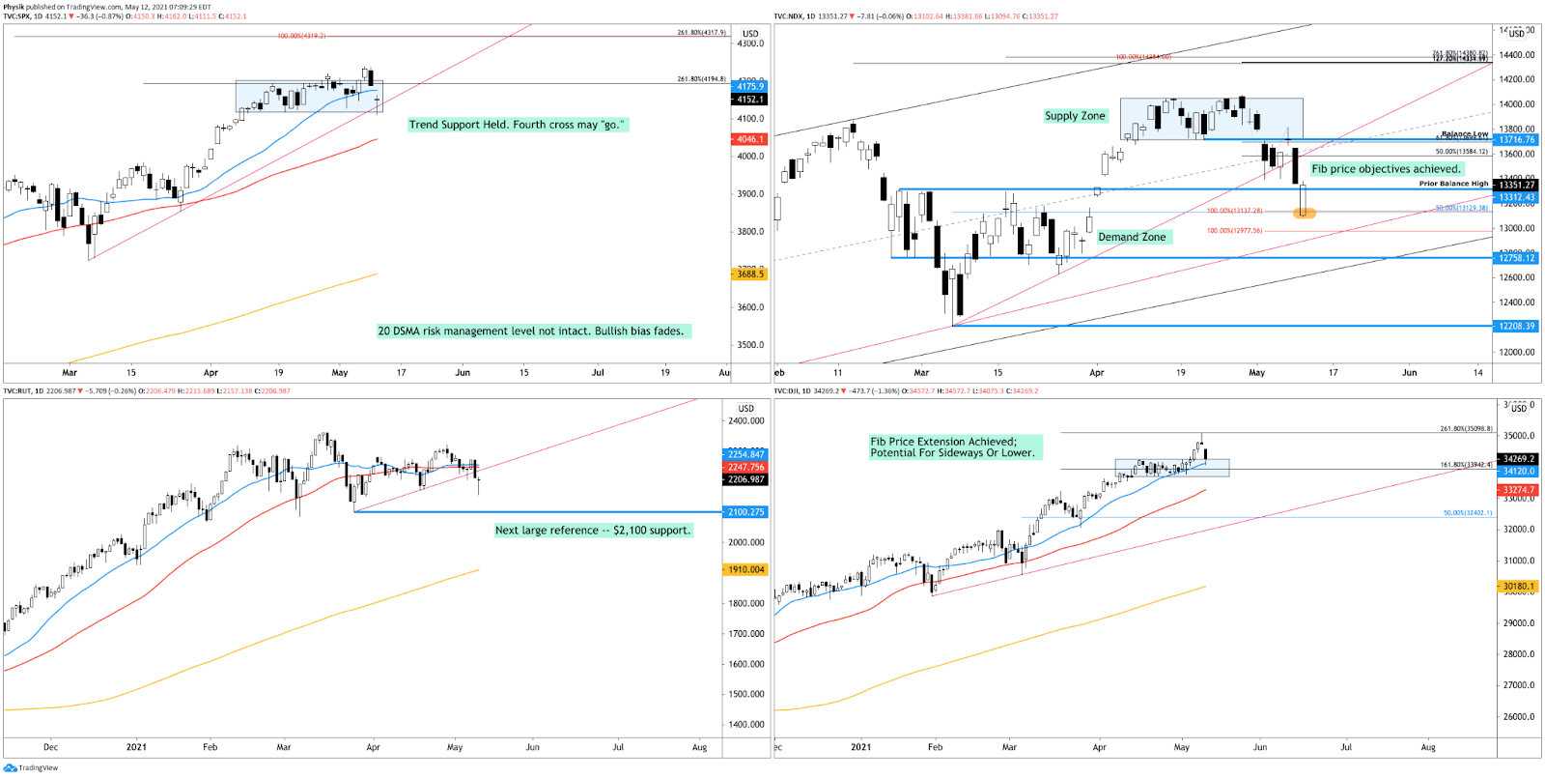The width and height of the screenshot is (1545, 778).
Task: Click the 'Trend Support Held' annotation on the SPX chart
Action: [x=518, y=125]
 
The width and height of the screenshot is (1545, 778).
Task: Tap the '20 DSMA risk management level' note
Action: [x=530, y=331]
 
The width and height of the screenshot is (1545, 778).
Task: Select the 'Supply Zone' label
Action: [x=1075, y=116]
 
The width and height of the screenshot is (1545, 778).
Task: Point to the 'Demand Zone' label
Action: [x=1132, y=237]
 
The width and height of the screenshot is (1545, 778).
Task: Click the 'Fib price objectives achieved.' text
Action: [x=1386, y=169]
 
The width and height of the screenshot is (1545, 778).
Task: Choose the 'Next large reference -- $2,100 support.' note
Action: [x=593, y=531]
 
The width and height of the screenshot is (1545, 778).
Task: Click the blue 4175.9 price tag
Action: [x=750, y=87]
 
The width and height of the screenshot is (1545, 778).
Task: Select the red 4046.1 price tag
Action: [x=750, y=139]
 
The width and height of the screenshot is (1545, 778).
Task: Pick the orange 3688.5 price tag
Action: [x=750, y=274]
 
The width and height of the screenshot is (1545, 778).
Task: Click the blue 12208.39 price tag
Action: [x=1516, y=327]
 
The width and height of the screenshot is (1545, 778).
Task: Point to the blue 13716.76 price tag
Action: [x=1516, y=140]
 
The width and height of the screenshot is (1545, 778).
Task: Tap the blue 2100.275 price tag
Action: [x=745, y=512]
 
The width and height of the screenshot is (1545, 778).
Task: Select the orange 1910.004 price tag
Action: [x=745, y=570]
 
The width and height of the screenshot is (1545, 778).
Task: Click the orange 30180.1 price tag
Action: [x=1518, y=587]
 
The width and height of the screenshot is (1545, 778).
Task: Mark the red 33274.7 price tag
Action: [x=1518, y=490]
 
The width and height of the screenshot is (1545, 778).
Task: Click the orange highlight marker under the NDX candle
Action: [x=1304, y=214]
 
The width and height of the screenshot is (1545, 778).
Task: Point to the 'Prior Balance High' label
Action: [x=1453, y=184]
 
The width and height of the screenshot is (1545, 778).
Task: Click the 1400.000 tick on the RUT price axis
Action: [x=745, y=725]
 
